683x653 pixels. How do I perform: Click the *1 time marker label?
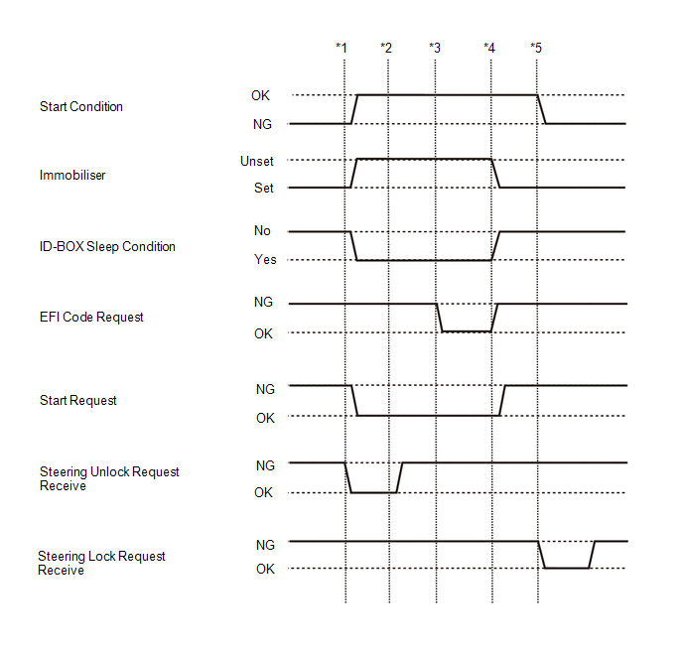point(341,48)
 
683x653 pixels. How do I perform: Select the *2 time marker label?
point(386,48)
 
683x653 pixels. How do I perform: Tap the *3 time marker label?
point(435,48)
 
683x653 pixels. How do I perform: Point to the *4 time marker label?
point(489,48)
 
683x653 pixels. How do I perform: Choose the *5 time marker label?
point(536,48)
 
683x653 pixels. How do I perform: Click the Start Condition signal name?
point(81,106)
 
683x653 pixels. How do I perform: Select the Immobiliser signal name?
point(72,175)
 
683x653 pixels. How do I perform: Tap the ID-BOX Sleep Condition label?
point(107,247)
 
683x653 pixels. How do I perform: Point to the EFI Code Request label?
point(91,317)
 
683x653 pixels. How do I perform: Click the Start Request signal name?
point(78,401)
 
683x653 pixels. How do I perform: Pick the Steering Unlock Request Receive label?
point(109,479)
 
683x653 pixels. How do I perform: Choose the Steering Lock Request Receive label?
point(101,563)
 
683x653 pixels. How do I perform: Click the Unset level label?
point(257,162)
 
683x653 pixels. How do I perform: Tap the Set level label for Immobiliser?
point(264,189)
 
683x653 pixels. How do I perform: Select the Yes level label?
point(265,259)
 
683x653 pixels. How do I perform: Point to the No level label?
point(262,230)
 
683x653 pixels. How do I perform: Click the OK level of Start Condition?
point(260,96)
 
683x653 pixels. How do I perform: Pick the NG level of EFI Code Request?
point(263,302)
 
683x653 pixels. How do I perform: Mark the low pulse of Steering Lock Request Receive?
point(566,568)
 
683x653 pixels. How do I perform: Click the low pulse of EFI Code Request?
point(467,331)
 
